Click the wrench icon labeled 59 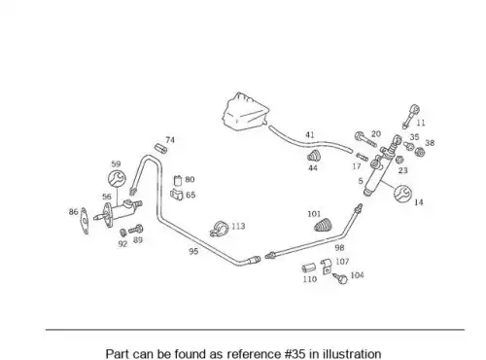click(117, 178)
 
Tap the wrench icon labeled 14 click(402, 193)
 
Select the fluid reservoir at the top click(246, 112)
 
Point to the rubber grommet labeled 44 click(314, 157)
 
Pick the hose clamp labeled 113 click(220, 229)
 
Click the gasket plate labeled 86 click(85, 221)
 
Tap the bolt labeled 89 click(136, 230)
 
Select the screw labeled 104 click(340, 278)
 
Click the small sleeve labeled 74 click(160, 149)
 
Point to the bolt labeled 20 click(366, 139)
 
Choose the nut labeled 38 click(420, 152)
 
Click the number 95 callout click(193, 251)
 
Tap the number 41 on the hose click(310, 135)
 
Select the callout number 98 click(339, 248)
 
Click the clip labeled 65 click(177, 195)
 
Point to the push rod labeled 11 click(410, 117)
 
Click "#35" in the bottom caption click(295, 354)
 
